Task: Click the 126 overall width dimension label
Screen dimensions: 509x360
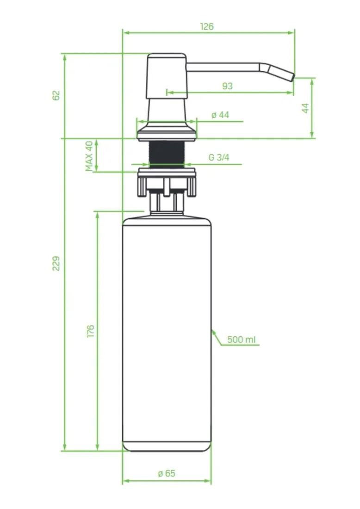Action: (x=207, y=27)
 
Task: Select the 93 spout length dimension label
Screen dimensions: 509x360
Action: (x=227, y=86)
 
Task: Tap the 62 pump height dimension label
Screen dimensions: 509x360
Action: (x=56, y=95)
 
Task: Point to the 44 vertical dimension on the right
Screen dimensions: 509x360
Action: (x=305, y=108)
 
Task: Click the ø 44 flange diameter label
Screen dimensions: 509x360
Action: (x=220, y=115)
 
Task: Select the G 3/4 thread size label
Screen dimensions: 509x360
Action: (x=219, y=157)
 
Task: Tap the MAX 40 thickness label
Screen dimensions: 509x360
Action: (x=89, y=156)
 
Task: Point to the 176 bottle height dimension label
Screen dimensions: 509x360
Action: (x=91, y=330)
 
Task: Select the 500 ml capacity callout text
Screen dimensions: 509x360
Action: (x=242, y=340)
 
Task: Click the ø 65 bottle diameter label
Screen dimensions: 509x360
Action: (x=167, y=473)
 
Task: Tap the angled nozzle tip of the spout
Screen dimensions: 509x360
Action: (x=280, y=73)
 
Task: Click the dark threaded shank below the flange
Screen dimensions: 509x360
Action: (x=167, y=154)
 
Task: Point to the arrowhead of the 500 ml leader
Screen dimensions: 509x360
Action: (x=213, y=330)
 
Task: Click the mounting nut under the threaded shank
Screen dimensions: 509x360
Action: (x=167, y=180)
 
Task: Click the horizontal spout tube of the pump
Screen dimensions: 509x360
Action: (x=222, y=67)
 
